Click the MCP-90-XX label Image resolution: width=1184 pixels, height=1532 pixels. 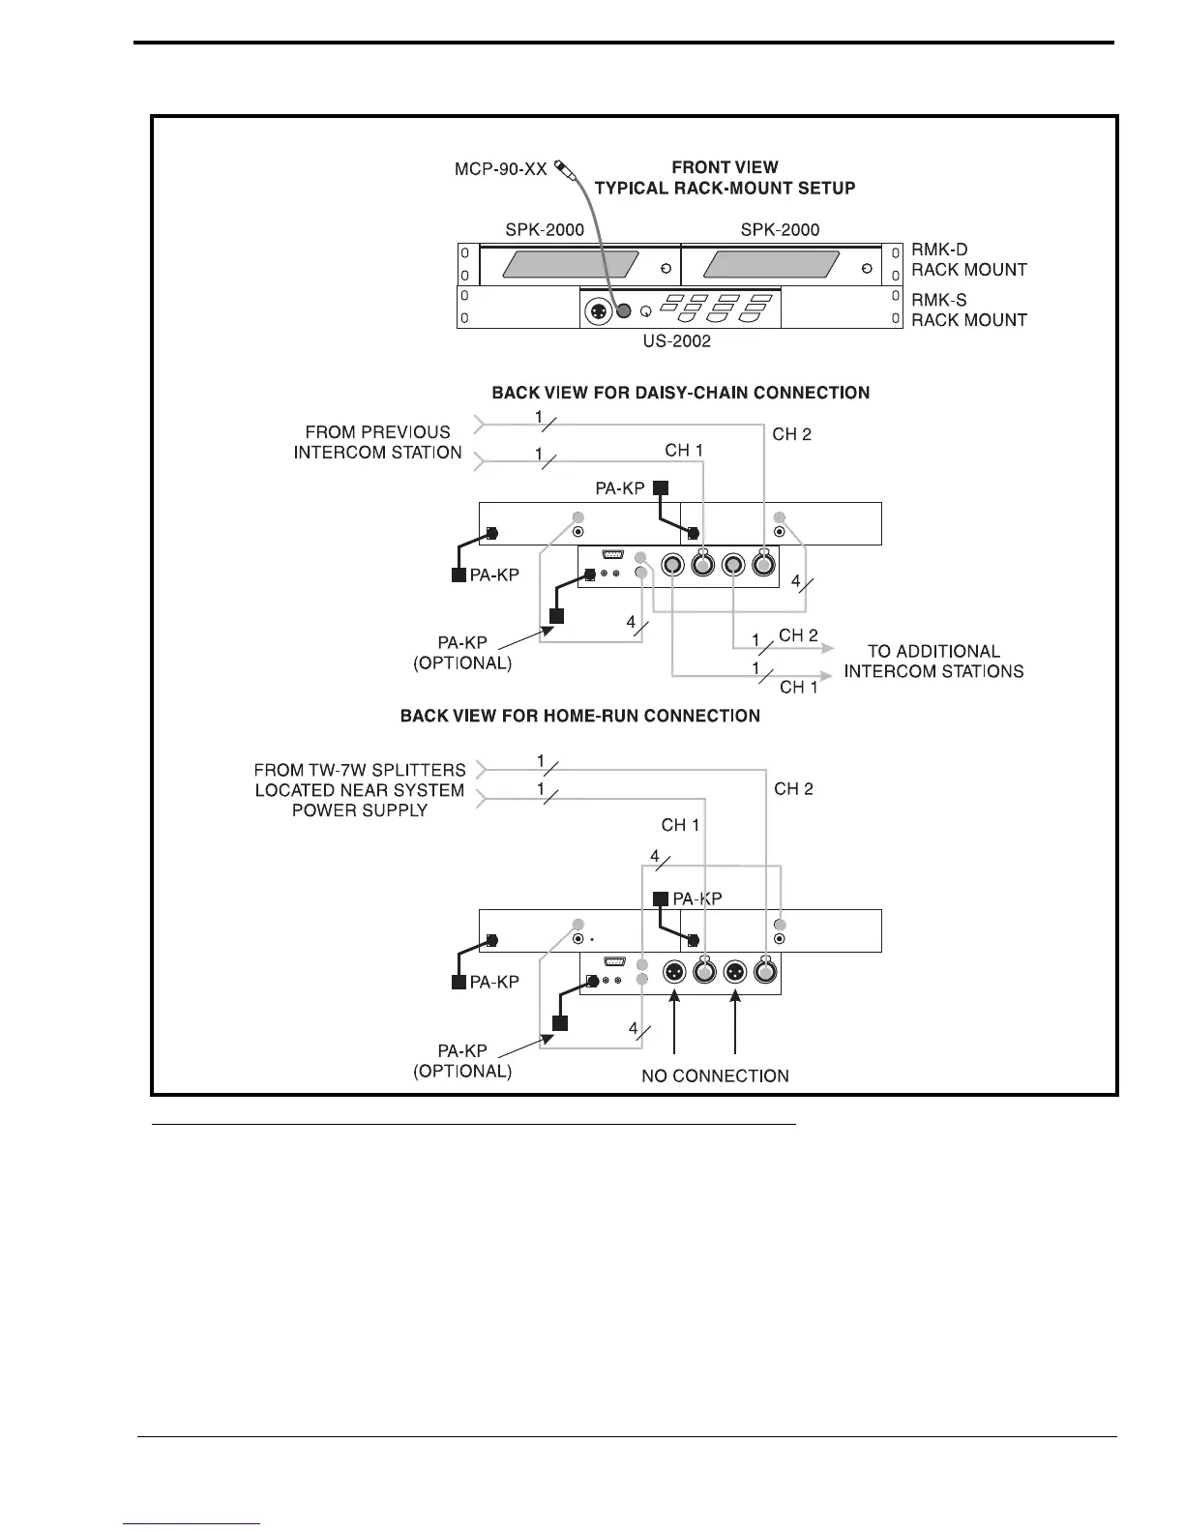(500, 169)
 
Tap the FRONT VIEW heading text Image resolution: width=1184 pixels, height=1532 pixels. (725, 167)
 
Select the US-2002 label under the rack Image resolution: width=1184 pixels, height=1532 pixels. (677, 340)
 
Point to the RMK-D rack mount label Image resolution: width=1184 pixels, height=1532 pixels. (968, 259)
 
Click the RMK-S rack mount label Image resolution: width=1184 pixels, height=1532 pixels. (968, 309)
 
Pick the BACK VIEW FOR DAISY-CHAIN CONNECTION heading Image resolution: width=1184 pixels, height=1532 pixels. (680, 393)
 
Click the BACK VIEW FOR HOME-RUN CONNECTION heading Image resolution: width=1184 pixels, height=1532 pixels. (579, 716)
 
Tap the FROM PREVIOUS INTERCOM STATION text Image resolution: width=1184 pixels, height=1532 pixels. (377, 442)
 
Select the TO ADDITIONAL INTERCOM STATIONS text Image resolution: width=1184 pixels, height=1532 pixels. (932, 662)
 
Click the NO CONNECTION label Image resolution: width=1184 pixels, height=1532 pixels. (715, 1075)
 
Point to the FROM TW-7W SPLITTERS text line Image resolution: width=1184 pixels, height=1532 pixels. (360, 770)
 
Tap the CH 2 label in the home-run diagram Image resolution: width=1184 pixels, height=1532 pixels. (793, 789)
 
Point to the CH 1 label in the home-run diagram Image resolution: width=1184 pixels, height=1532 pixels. (680, 825)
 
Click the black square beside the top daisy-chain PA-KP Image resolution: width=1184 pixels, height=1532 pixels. (661, 488)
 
